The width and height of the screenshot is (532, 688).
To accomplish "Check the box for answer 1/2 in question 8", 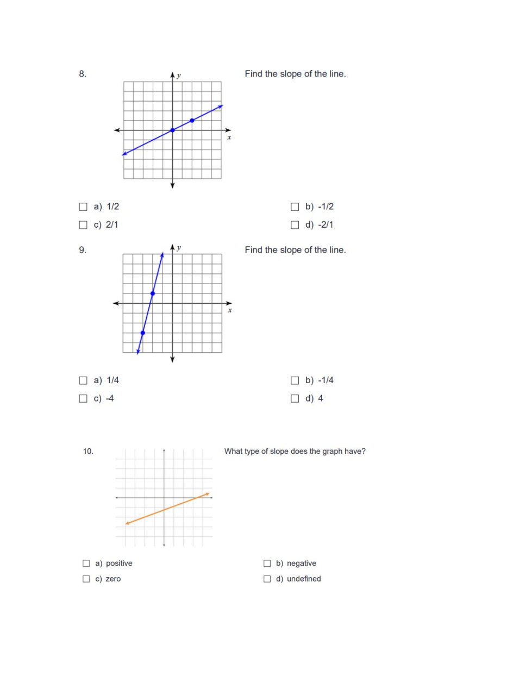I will point(83,207).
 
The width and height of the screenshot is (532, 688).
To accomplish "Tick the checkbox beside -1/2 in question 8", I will point(295,207).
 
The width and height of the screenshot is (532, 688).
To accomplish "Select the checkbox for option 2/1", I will point(83,224).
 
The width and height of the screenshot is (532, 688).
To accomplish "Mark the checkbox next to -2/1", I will point(295,224).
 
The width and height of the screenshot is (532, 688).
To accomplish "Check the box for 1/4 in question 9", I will point(83,380).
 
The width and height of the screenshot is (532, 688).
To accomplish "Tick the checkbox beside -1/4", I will point(295,380).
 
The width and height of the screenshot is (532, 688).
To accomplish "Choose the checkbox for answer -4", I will point(83,398).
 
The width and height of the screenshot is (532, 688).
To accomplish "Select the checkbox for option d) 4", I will point(295,398).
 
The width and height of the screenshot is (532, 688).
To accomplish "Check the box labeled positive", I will point(86,564).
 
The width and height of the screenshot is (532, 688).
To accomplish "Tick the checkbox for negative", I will point(267,564).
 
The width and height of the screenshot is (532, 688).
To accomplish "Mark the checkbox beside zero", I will point(86,579).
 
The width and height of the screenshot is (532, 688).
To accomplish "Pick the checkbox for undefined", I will point(267,579).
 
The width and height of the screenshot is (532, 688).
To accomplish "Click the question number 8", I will point(83,74).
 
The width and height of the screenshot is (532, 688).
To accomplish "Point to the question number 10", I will point(88,451).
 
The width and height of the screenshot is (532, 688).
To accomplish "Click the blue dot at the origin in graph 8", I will point(173,130).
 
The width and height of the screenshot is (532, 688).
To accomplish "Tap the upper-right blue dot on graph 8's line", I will point(192,121).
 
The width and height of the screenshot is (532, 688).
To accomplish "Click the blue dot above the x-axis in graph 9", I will point(153,293).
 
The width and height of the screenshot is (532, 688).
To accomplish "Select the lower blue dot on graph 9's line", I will point(143,333).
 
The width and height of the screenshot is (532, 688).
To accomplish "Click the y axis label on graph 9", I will point(179,248).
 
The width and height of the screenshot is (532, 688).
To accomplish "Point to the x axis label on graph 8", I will point(229,137).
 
